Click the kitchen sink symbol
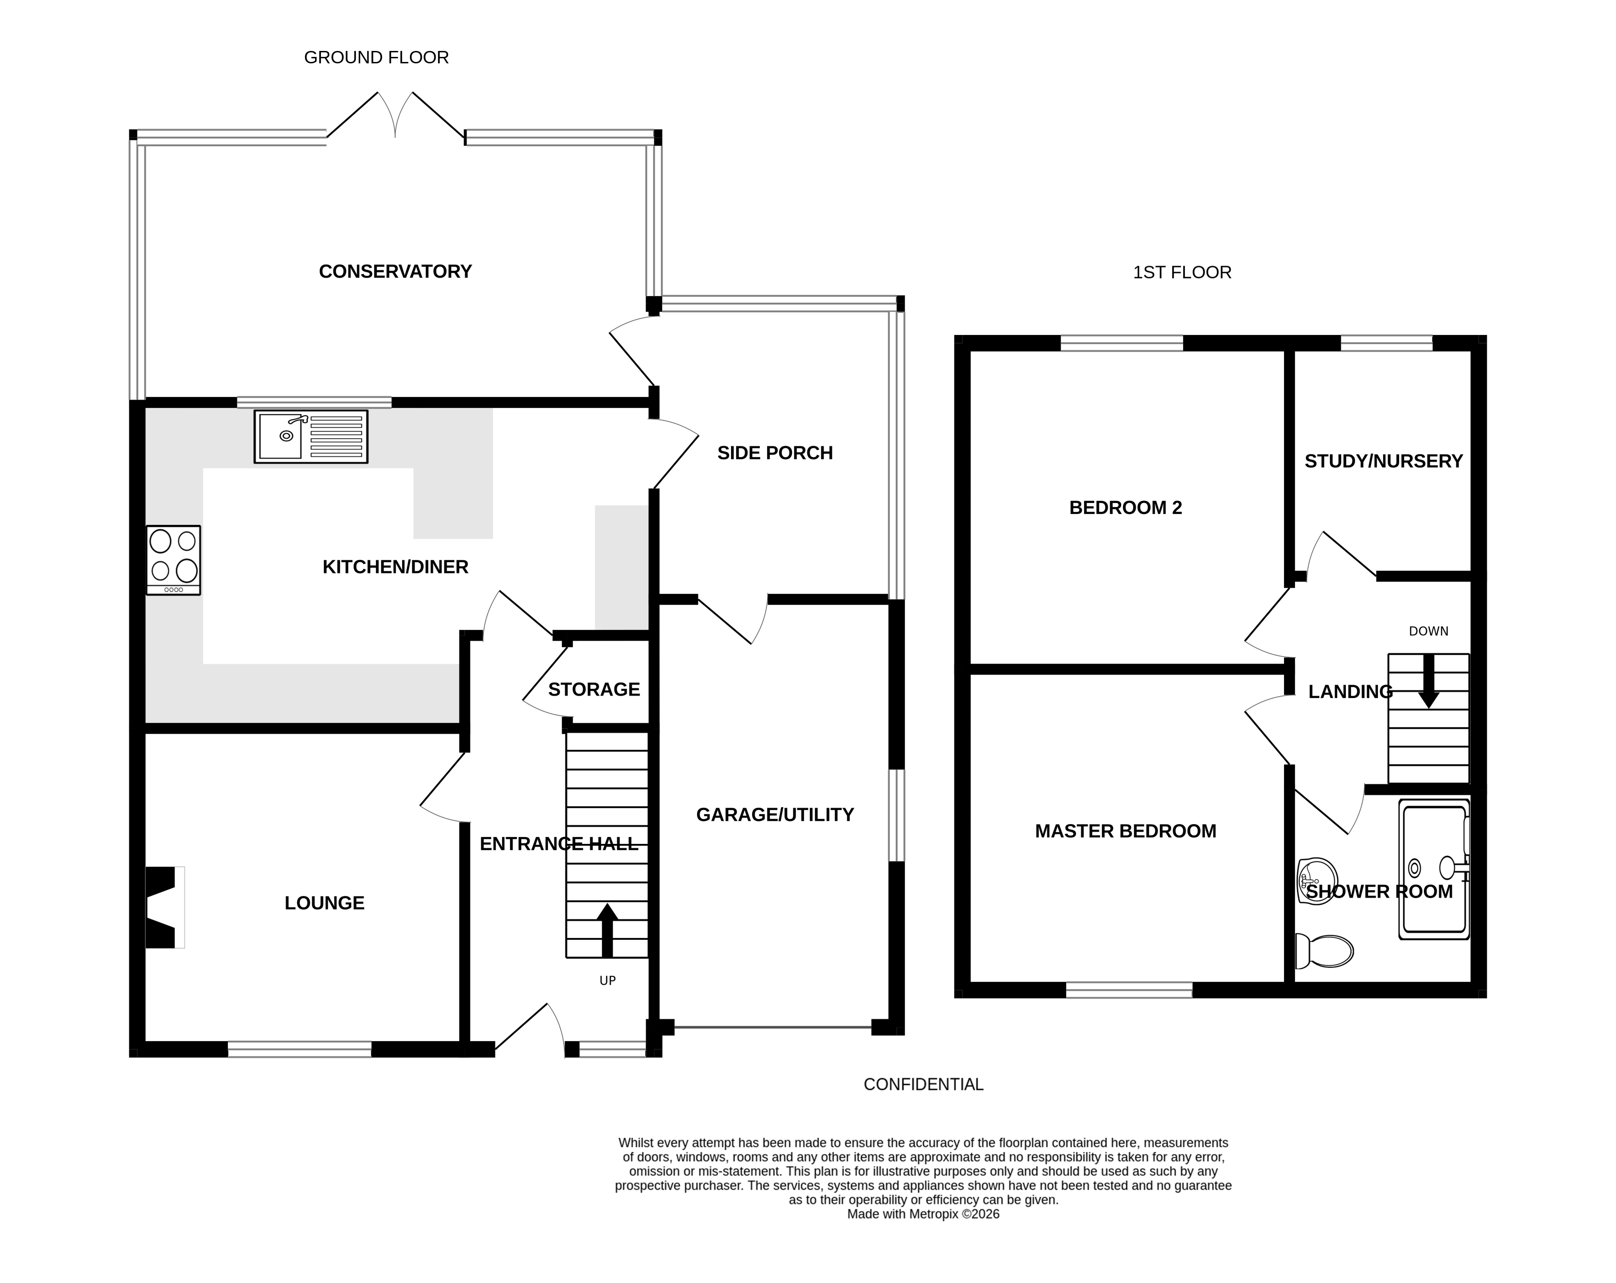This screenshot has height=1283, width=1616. click(311, 436)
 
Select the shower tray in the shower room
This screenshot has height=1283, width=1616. click(1434, 869)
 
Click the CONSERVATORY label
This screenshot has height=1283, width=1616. click(395, 272)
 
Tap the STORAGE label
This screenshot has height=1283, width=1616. click(594, 689)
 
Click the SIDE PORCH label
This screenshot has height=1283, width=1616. click(775, 453)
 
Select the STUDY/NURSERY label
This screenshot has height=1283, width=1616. click(1384, 461)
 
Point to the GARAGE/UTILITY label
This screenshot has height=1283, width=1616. click(775, 814)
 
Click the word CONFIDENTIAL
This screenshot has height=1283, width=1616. click(923, 1084)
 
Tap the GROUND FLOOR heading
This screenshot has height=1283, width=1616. click(376, 58)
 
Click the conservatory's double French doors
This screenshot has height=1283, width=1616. click(395, 116)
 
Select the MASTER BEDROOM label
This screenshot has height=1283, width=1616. click(1125, 831)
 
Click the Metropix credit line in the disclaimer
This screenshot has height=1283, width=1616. click(923, 1214)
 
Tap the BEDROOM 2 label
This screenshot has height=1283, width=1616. click(1125, 508)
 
